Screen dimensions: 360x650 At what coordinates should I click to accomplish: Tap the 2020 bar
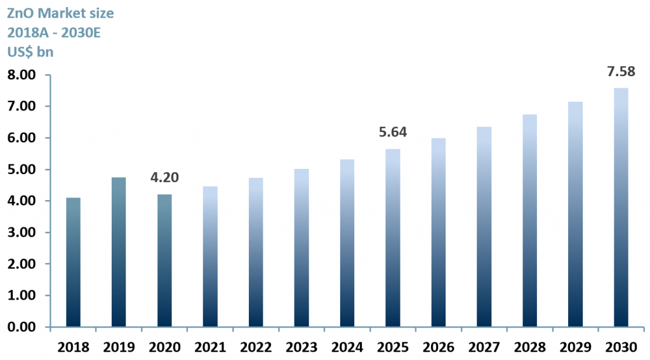click(164, 260)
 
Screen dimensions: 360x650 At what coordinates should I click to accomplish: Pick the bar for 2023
click(302, 248)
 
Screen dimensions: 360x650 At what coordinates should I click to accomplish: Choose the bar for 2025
click(393, 238)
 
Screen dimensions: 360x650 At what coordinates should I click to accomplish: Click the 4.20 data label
click(164, 178)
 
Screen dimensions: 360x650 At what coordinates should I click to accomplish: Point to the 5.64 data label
click(393, 132)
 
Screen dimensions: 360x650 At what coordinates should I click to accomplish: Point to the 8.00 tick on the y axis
click(22, 75)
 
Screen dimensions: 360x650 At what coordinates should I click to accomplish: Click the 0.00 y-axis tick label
click(22, 327)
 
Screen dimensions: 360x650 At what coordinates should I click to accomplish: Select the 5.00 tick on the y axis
click(22, 170)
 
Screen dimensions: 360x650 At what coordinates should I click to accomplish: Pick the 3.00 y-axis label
click(22, 232)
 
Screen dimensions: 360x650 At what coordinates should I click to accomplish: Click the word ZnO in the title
click(21, 13)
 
